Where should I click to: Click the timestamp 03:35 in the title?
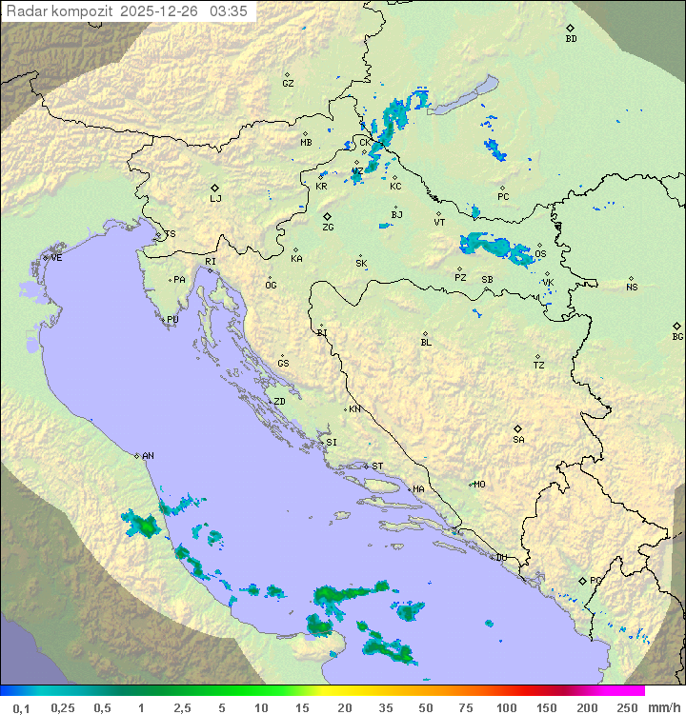point(229,10)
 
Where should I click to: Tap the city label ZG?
point(328,228)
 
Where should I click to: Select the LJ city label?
point(215,199)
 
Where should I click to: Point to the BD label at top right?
point(571,39)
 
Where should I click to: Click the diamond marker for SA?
point(518,428)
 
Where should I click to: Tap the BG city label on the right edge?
point(677,336)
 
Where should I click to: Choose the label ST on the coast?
point(377,467)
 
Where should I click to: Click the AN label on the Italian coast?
point(148,456)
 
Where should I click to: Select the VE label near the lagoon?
point(56,258)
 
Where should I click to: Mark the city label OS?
point(540,254)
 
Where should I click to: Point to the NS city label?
point(632,288)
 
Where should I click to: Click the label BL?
point(426,343)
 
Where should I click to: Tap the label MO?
point(479,484)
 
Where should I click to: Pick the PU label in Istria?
point(172,320)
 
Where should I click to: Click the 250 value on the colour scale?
point(627,707)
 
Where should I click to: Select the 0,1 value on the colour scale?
point(21,707)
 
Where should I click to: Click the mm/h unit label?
point(663,707)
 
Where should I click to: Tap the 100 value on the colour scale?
point(507,707)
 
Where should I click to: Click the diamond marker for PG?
point(583,580)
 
